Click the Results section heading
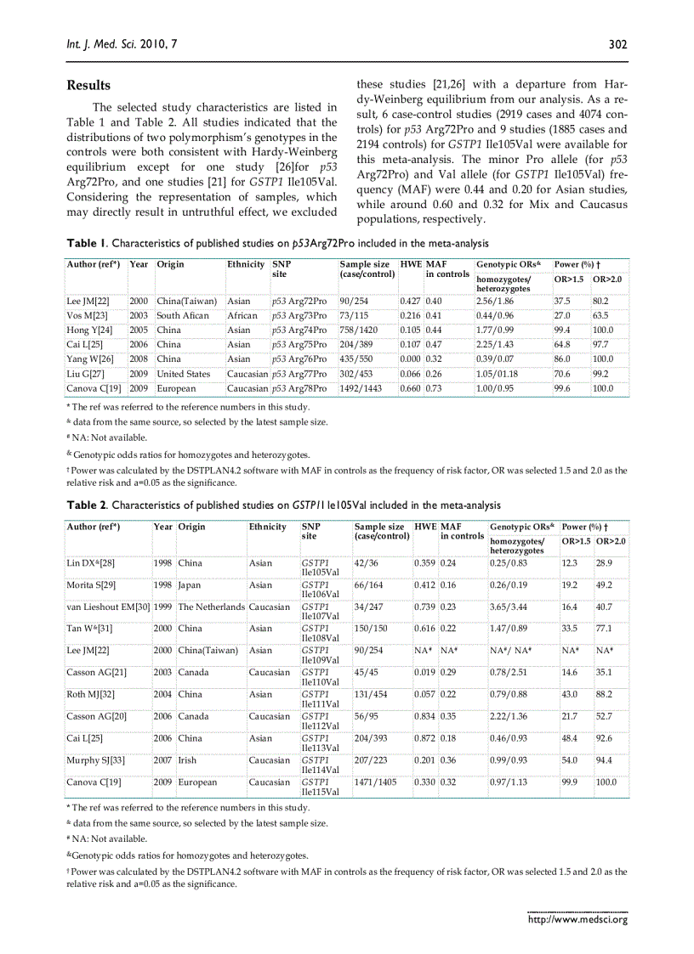pyautogui.click(x=88, y=86)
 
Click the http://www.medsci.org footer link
pyautogui.click(x=577, y=918)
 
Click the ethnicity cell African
pyautogui.click(x=242, y=315)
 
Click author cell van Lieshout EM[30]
pyautogui.click(x=108, y=607)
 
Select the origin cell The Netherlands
pyautogui.click(x=211, y=607)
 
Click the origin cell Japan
pyautogui.click(x=191, y=584)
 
